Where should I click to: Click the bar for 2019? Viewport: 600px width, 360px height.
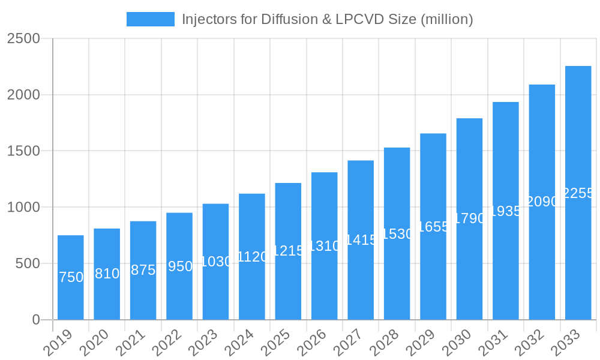pyautogui.click(x=71, y=277)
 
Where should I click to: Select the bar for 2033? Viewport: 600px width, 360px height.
pyautogui.click(x=578, y=193)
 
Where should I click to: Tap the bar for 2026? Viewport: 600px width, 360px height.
pyautogui.click(x=325, y=246)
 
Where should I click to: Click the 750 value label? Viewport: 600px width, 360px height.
pyautogui.click(x=71, y=277)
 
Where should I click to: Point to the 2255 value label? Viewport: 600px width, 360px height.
pyautogui.click(x=578, y=193)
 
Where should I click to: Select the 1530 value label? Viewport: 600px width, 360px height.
pyautogui.click(x=397, y=234)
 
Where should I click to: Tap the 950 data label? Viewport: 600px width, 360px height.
pyautogui.click(x=179, y=266)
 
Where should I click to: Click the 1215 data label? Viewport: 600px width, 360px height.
pyautogui.click(x=288, y=251)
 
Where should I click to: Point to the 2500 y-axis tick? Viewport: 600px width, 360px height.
pyautogui.click(x=23, y=39)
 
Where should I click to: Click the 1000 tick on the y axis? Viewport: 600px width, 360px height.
pyautogui.click(x=23, y=208)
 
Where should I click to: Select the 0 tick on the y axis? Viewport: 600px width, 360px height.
pyautogui.click(x=36, y=320)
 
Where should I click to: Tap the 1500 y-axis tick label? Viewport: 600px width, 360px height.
pyautogui.click(x=23, y=151)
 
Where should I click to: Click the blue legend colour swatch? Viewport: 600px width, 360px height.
pyautogui.click(x=150, y=19)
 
